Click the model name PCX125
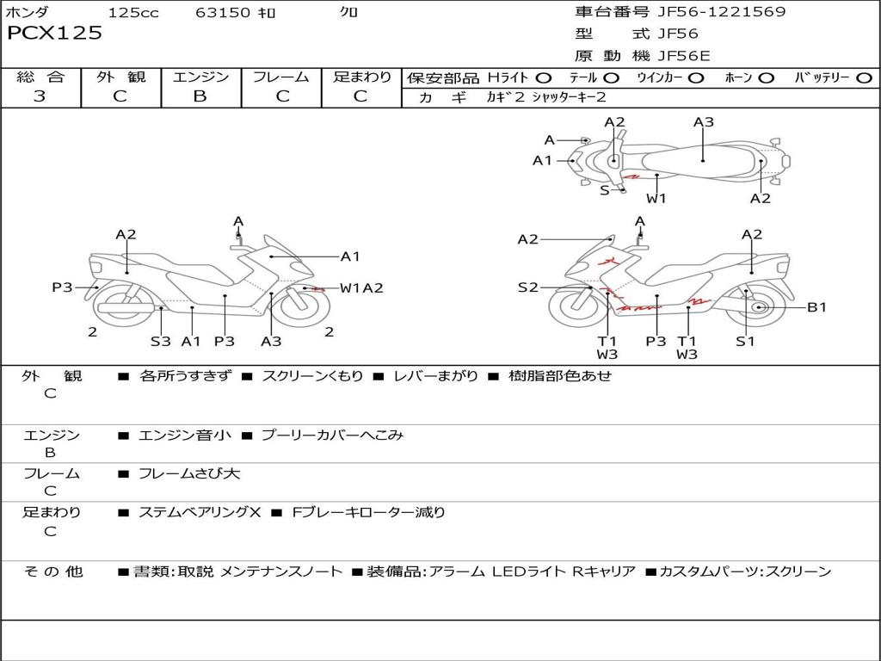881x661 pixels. point(54,34)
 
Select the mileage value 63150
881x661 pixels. point(223,13)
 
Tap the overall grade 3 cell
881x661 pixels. point(40,96)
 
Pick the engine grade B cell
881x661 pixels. point(200,96)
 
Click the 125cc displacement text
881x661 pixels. point(133,13)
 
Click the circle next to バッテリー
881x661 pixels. point(864,78)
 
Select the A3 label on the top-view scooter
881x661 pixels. point(704,122)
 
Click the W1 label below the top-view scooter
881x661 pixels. point(656,199)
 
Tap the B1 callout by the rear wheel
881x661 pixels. point(816,307)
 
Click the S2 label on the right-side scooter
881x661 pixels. point(527,287)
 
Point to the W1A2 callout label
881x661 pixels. point(361,288)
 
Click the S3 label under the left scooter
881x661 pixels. point(161,341)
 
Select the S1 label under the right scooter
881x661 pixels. point(745,341)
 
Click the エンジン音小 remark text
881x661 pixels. point(185,436)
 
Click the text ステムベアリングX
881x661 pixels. point(200,512)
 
